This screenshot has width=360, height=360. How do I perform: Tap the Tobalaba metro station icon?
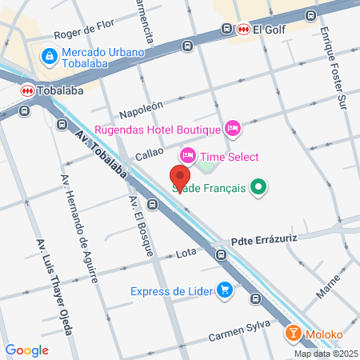(27, 90)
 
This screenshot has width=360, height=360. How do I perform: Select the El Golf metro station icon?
(242, 30)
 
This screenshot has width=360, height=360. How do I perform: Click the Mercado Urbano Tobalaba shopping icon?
(50, 54)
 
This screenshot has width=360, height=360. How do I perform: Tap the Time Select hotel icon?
(188, 154)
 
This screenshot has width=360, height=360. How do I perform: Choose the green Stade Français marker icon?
(258, 189)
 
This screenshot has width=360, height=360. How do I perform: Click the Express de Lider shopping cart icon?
(226, 290)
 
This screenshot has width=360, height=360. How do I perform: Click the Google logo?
(26, 350)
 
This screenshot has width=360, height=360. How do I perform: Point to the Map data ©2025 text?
(325, 354)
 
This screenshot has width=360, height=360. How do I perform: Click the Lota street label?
(186, 255)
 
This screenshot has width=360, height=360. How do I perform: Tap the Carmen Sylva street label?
(236, 336)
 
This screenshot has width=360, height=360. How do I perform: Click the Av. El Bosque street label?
(138, 226)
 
